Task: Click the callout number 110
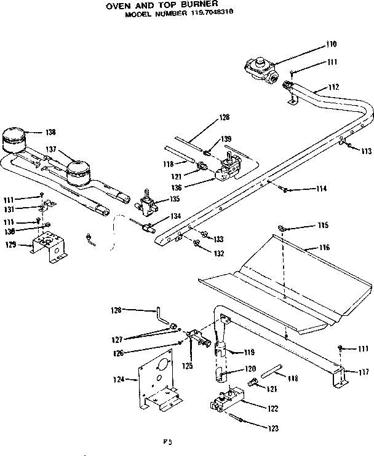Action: tap(332, 44)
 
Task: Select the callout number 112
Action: tap(333, 87)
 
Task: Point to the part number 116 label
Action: tap(324, 247)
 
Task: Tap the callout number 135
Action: tap(175, 199)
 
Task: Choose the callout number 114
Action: tap(303, 189)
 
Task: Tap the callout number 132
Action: tap(218, 253)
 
